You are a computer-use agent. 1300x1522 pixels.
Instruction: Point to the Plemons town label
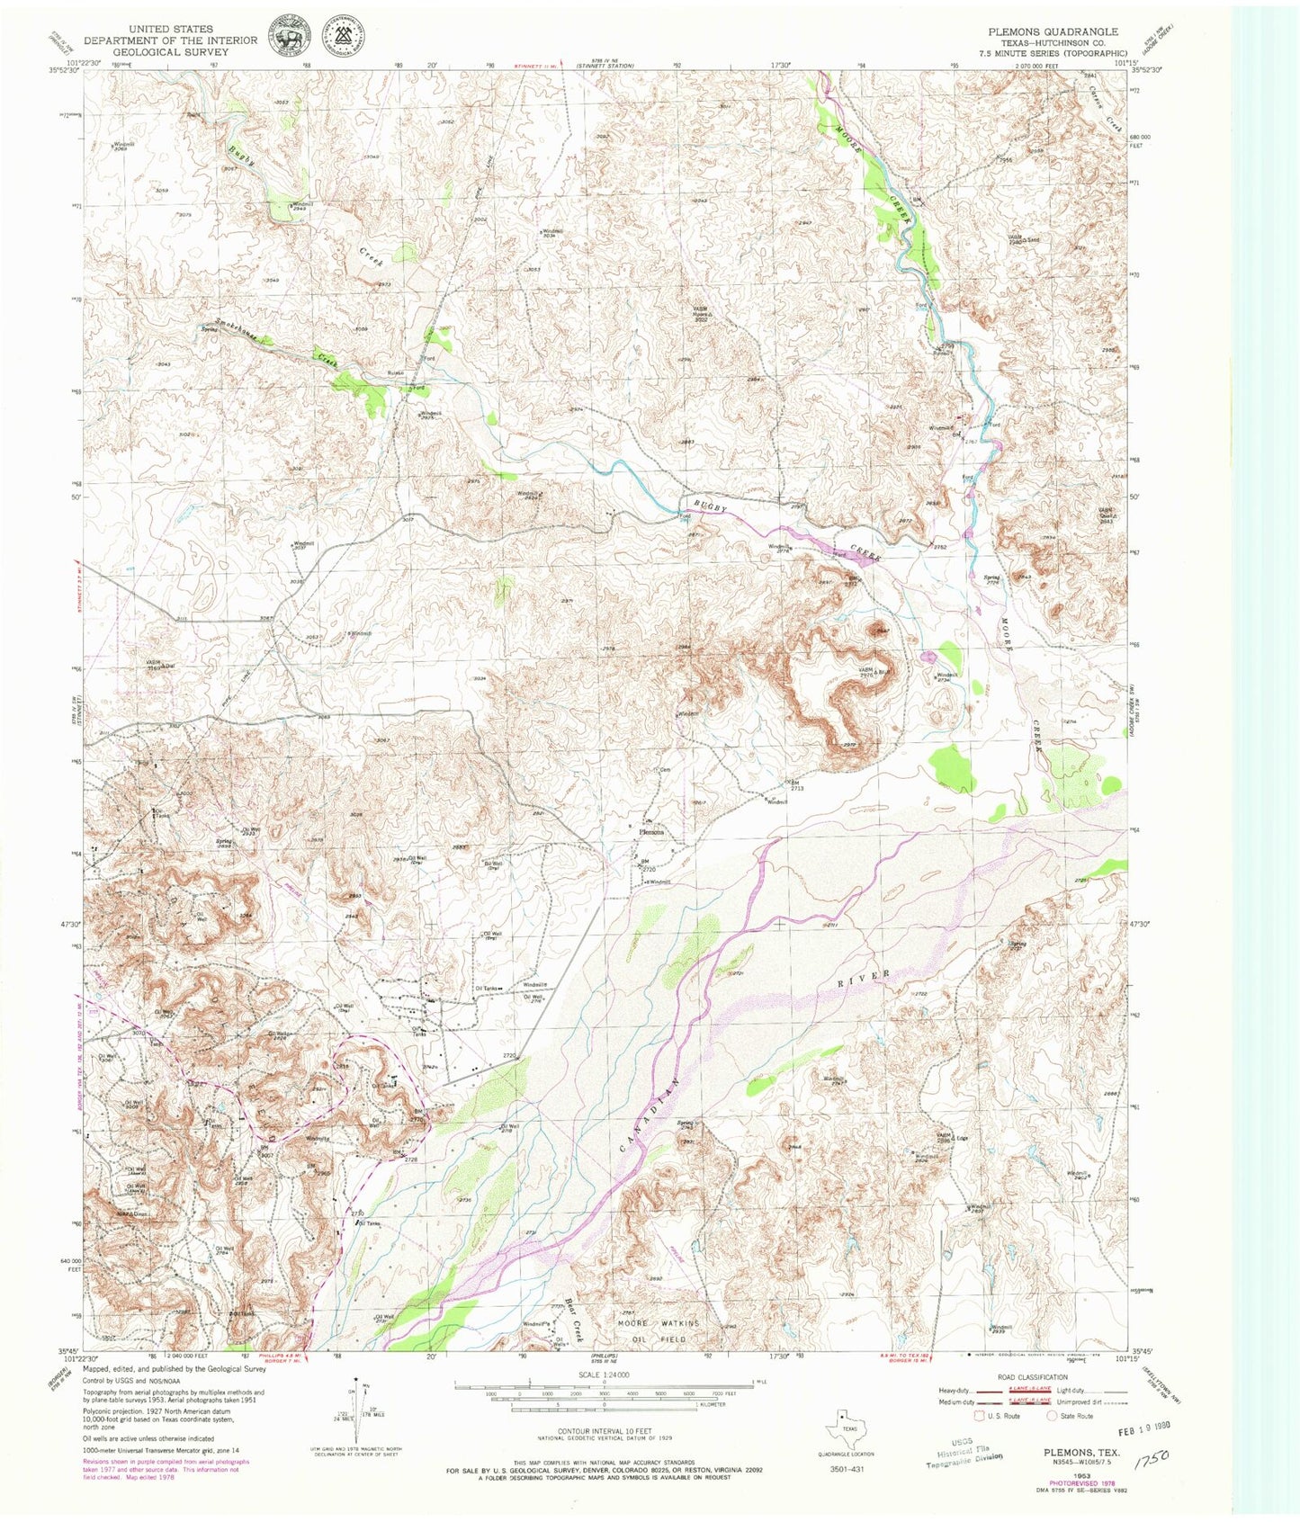pyautogui.click(x=651, y=832)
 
